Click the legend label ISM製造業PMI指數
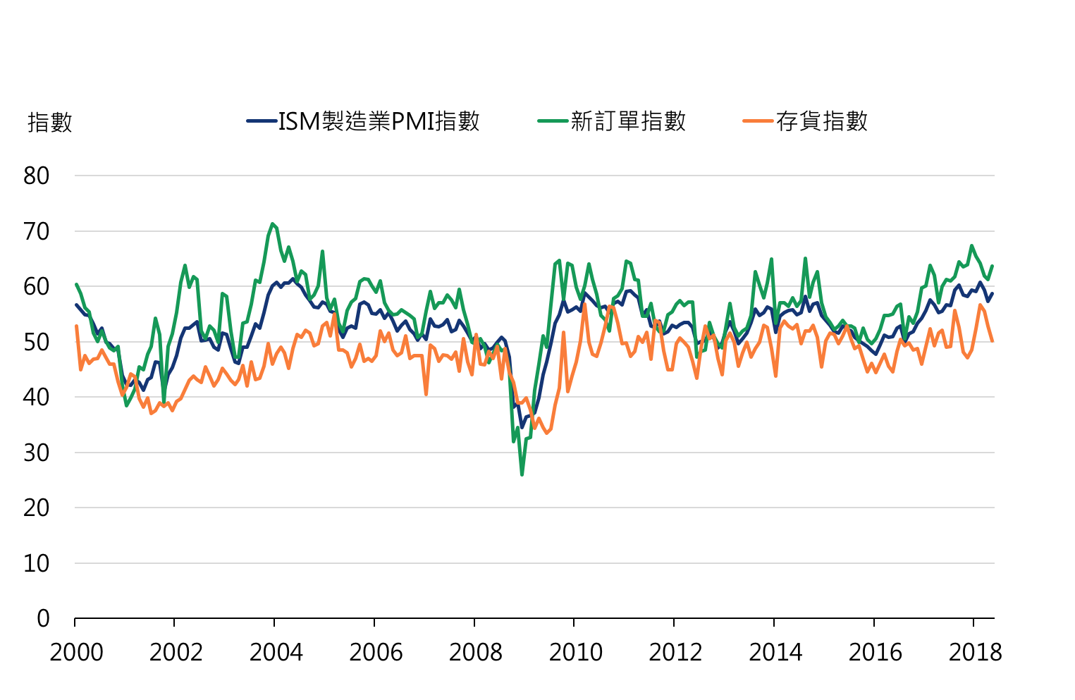coord(379,121)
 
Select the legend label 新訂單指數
coord(627,121)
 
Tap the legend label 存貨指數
coord(821,121)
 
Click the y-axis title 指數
coord(50,123)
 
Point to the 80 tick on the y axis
coord(37,176)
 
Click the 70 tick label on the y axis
coord(37,231)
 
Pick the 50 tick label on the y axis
coord(37,342)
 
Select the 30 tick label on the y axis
coord(37,453)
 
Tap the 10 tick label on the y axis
coord(37,563)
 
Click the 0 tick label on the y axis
coord(43,618)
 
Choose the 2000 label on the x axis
coord(76,653)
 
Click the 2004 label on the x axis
coord(276,653)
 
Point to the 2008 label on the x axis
coord(476,653)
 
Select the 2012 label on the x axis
coord(675,653)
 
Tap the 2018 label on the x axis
coord(975,653)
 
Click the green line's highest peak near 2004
coord(272,224)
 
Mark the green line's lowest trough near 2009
coord(522,474)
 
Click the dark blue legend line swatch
coord(261,121)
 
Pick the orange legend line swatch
coord(758,121)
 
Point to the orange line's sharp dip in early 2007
coord(426,394)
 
